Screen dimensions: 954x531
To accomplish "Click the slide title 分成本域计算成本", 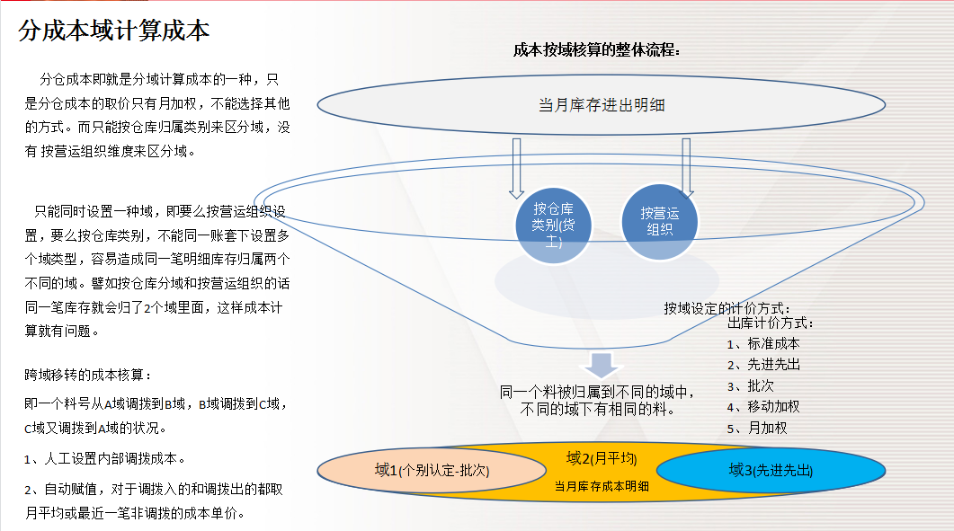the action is pos(114,31).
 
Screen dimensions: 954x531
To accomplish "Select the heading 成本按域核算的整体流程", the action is pos(596,50).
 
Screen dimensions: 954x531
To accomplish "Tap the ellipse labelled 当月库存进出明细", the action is pos(602,105).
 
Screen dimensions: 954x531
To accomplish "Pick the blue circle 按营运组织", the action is pos(660,221).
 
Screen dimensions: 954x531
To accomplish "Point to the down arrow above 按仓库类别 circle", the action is pos(516,167).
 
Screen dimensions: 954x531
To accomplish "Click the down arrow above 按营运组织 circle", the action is pos(686,167).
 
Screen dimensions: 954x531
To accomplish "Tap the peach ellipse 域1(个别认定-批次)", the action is pos(432,470).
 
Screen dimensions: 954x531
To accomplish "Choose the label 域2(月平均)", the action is pos(602,459).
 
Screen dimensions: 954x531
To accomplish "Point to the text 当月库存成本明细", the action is pos(602,486).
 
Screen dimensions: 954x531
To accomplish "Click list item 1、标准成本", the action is pos(763,343).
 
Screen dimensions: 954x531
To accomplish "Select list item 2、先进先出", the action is pos(763,364).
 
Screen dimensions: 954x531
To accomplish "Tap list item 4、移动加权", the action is pos(763,406).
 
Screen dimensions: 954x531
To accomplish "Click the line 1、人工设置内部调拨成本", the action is pos(104,458).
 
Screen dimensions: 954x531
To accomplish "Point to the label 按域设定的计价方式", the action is pos(727,308).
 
